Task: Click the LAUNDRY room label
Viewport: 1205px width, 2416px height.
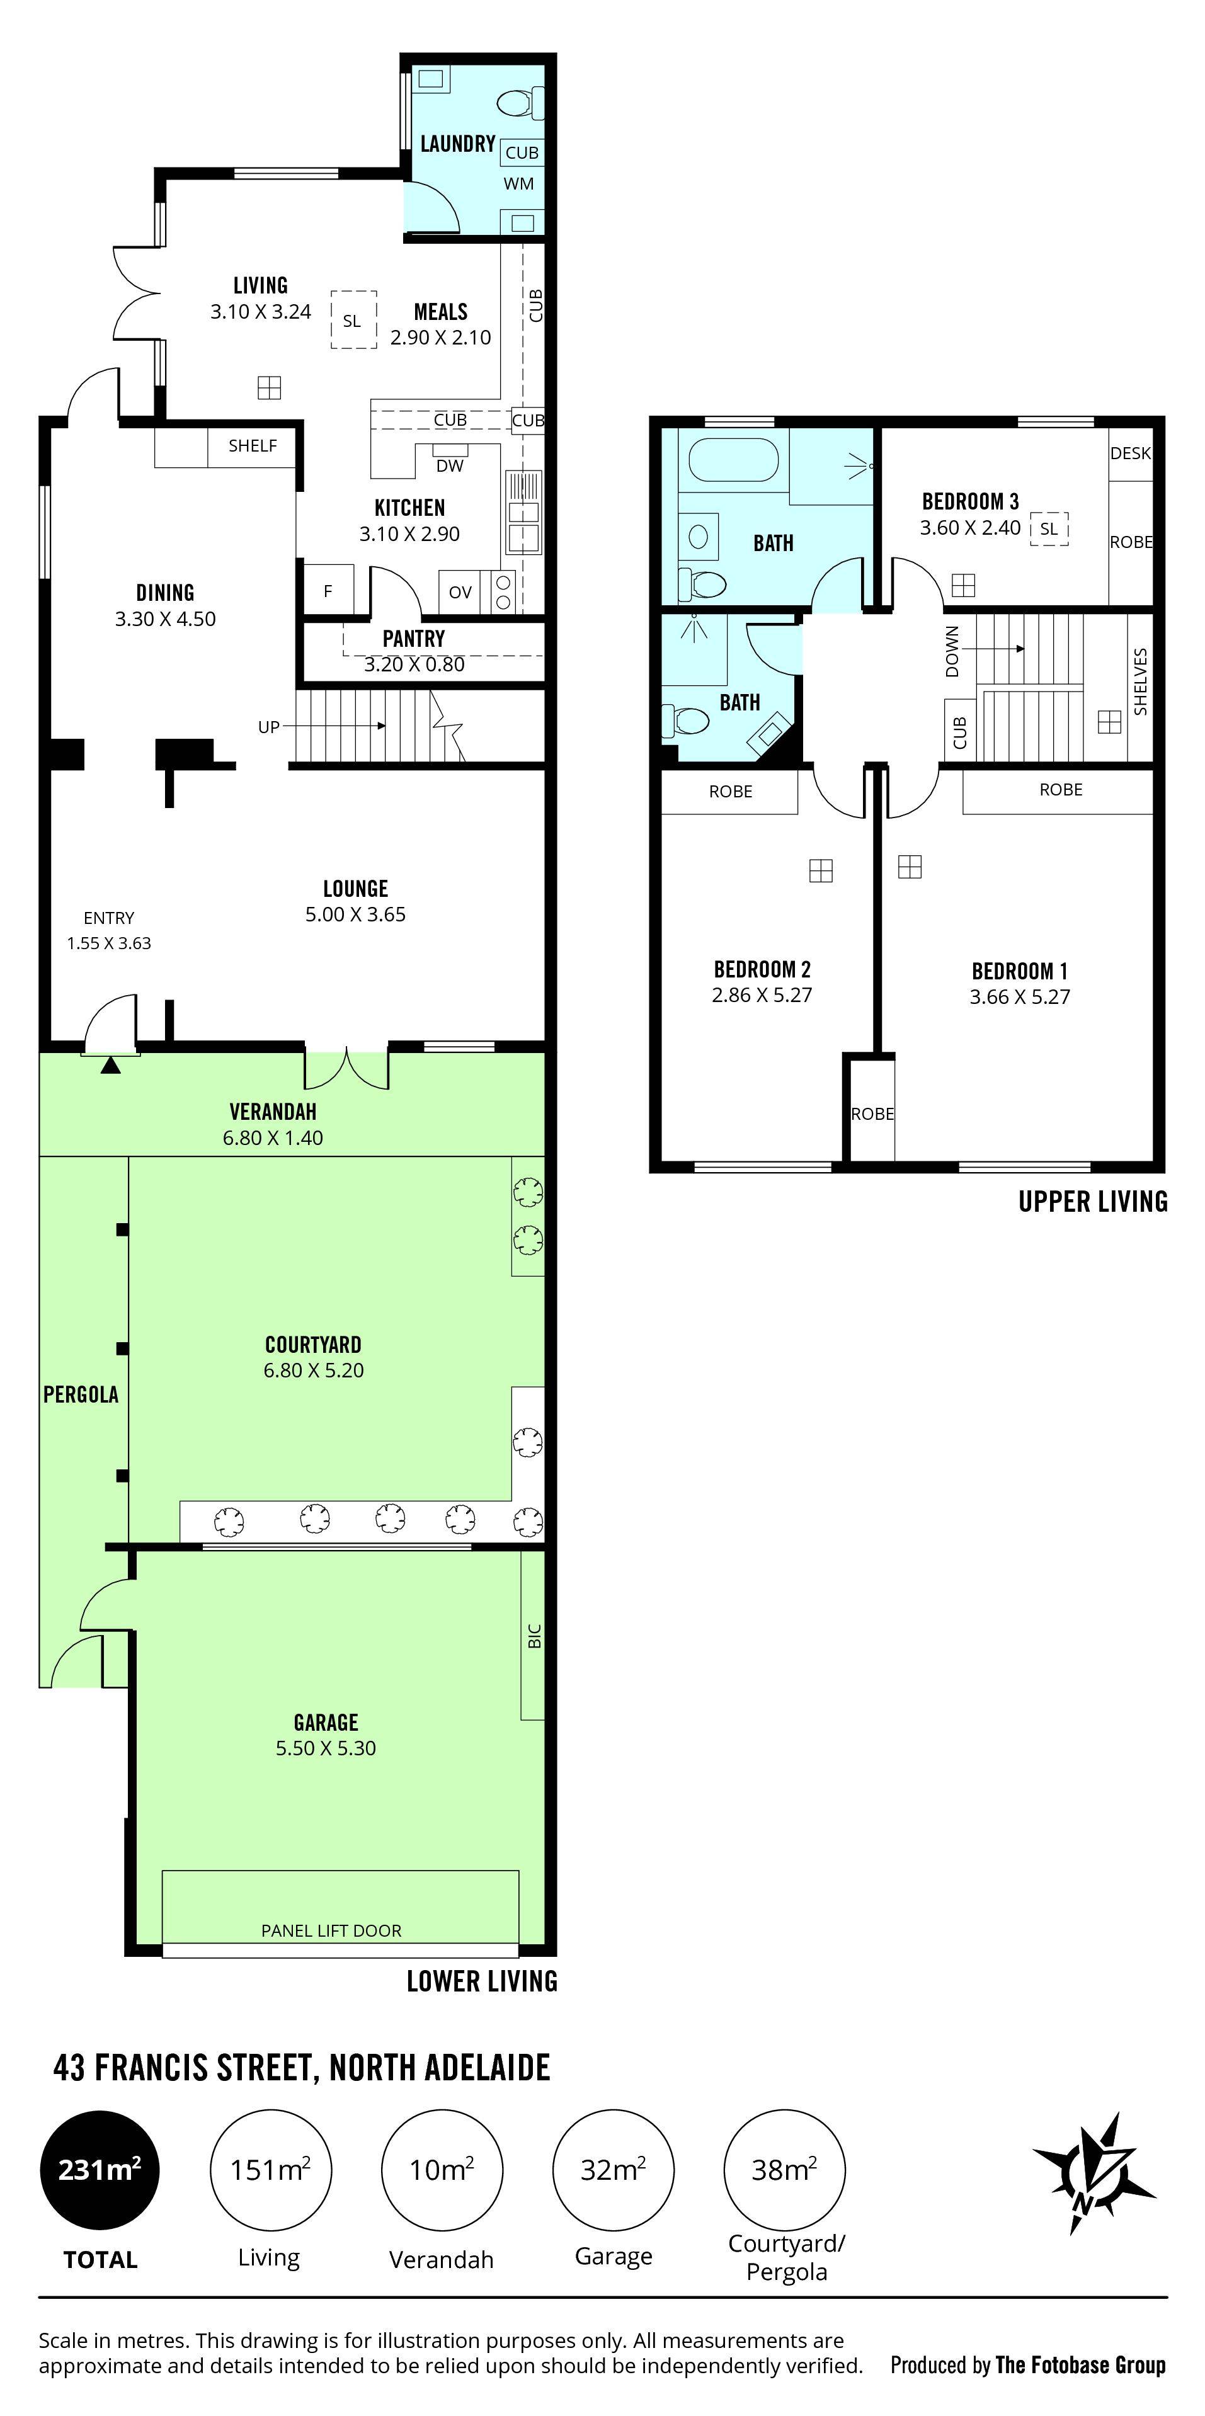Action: click(457, 144)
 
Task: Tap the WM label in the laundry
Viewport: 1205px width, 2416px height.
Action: click(518, 184)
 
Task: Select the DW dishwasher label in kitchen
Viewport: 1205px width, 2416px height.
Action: click(450, 466)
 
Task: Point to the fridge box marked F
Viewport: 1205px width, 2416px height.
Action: click(328, 591)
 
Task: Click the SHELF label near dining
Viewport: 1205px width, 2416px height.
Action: click(252, 445)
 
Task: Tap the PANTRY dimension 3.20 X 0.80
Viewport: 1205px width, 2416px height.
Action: click(414, 664)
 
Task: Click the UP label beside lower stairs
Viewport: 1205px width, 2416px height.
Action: click(268, 727)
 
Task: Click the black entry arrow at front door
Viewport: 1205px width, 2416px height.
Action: click(111, 1064)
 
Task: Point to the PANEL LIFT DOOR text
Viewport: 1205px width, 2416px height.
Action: click(331, 1930)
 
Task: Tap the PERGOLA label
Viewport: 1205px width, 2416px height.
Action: click(81, 1394)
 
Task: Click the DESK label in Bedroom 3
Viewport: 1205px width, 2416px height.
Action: click(1130, 453)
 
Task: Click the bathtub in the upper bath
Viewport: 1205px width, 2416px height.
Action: click(733, 460)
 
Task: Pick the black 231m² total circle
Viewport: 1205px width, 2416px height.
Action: click(100, 2169)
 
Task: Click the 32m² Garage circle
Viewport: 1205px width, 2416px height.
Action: click(614, 2169)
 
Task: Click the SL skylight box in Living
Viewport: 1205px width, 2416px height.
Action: click(353, 321)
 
